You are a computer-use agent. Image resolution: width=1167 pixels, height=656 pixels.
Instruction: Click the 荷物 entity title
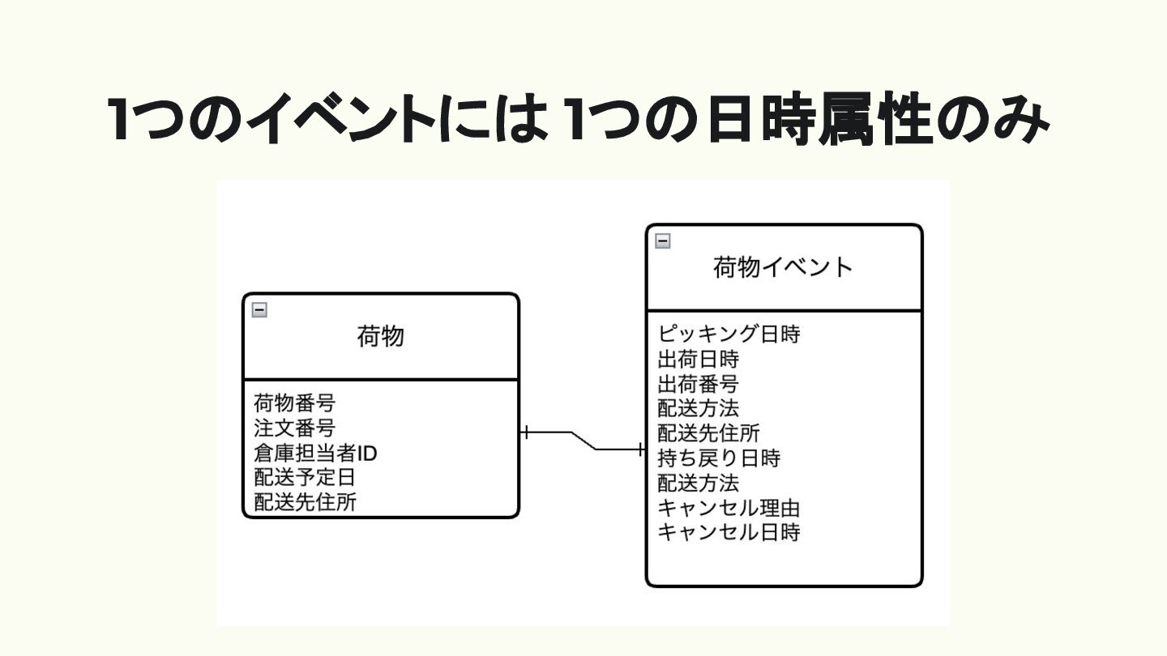click(380, 335)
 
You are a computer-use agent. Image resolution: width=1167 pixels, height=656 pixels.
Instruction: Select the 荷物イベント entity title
click(783, 266)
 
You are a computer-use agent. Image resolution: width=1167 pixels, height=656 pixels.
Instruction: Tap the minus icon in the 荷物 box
click(259, 309)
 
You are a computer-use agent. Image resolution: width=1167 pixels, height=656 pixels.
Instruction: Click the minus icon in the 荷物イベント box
click(662, 240)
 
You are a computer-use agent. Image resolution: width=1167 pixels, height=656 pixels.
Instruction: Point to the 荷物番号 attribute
click(294, 403)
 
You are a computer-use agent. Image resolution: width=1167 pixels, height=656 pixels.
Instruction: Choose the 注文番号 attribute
click(294, 428)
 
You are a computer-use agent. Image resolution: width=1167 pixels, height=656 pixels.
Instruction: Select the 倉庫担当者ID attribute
click(315, 453)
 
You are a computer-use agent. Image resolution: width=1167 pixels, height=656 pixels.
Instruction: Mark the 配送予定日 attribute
click(305, 478)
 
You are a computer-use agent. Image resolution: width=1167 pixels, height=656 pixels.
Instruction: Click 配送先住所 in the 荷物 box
click(305, 503)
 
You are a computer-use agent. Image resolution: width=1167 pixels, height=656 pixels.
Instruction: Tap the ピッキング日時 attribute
click(729, 334)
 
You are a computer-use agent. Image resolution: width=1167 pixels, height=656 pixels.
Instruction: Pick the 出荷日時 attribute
click(698, 359)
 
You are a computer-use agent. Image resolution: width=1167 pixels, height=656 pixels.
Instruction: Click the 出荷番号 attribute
click(698, 383)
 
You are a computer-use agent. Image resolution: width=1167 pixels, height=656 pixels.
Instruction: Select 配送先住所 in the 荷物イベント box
click(708, 433)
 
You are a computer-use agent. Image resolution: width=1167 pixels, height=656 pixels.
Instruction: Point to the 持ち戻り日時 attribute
click(719, 458)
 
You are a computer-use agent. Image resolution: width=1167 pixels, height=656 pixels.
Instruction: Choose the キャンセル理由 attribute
click(729, 509)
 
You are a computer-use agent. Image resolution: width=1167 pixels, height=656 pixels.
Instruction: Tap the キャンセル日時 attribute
click(729, 533)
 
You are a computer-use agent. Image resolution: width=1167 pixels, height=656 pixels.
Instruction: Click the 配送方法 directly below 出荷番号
click(698, 408)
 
